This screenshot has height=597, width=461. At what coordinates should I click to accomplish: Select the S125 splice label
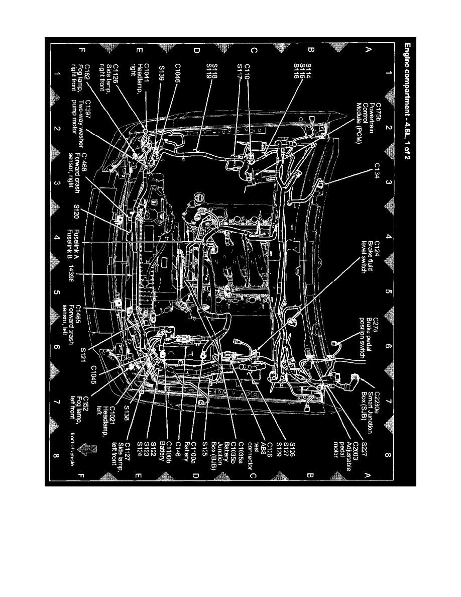[206, 446]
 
